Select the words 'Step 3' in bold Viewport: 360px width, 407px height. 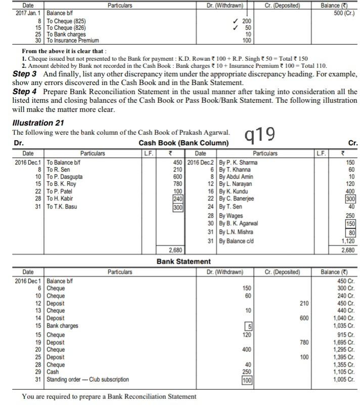[x=24, y=74]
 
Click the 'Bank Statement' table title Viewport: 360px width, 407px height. [x=184, y=261]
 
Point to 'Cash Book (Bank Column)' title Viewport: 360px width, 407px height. [x=183, y=143]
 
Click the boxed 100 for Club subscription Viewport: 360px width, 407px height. [x=246, y=380]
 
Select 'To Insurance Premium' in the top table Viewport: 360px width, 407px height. [x=73, y=40]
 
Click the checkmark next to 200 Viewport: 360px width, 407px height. [x=233, y=22]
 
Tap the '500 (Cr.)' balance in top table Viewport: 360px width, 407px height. [x=342, y=13]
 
